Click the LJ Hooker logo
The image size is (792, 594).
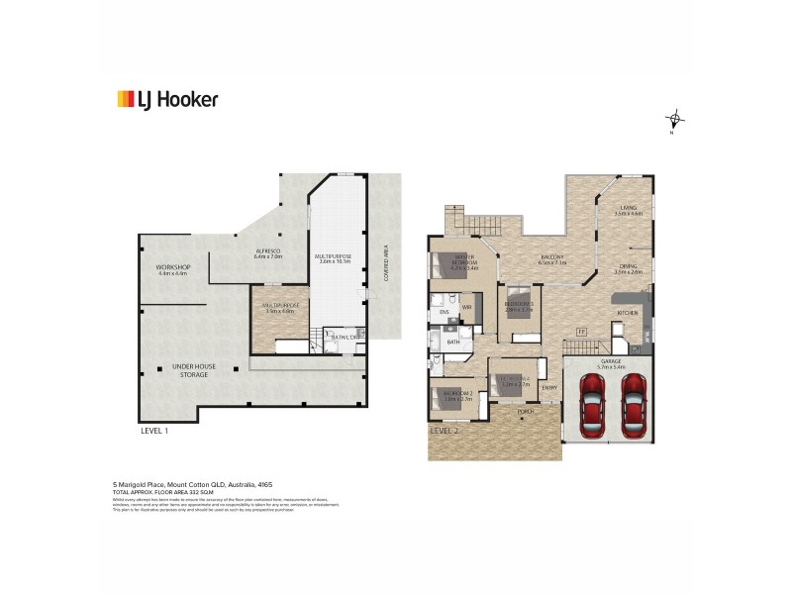[167, 99]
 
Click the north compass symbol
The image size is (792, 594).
[675, 120]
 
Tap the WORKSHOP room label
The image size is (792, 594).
[173, 269]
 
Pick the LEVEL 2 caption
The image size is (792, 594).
[444, 432]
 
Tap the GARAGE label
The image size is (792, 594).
[611, 362]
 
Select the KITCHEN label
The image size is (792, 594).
[628, 313]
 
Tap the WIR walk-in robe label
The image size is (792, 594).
[465, 308]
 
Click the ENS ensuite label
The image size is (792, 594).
[444, 313]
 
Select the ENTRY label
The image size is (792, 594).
[549, 387]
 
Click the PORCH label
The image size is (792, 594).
[525, 410]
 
